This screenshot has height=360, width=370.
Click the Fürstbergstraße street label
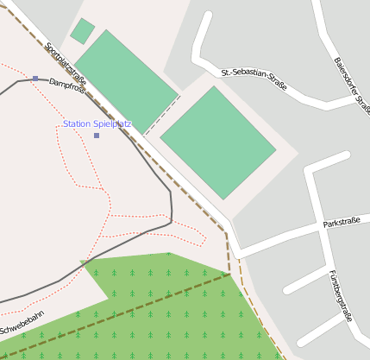coord(340,295)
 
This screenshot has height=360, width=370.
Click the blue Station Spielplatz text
coord(97,124)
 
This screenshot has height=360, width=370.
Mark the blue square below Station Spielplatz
coord(97,136)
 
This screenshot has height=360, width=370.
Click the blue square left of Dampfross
coord(35,79)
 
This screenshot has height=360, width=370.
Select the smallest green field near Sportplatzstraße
coord(82,31)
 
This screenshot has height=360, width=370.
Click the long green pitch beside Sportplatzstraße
coord(126,79)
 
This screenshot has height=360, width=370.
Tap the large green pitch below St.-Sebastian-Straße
coord(218,142)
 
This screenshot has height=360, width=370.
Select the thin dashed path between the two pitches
coord(162,115)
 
